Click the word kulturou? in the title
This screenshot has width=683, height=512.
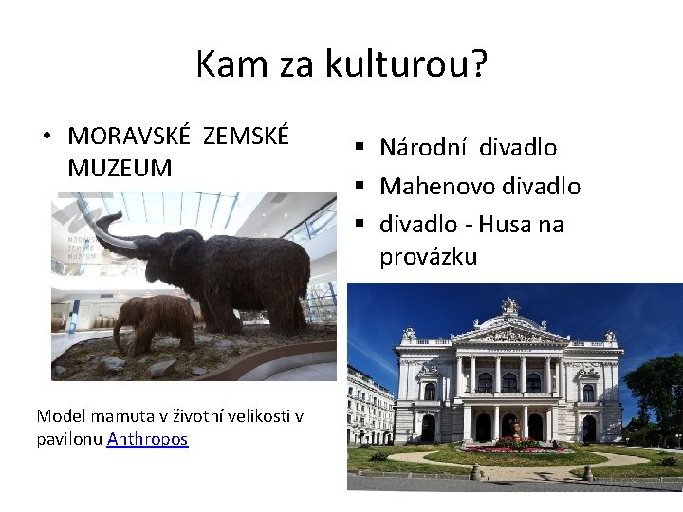406,64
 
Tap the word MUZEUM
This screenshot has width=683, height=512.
120,169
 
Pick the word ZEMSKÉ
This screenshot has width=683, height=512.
246,136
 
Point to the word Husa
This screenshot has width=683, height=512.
508,225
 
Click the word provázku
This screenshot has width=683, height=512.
428,257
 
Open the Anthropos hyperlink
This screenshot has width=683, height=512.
148,439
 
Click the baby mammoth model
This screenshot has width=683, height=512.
152,320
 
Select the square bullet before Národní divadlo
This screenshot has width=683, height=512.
362,148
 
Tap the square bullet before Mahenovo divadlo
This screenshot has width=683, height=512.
362,187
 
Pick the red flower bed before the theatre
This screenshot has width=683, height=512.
512,446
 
